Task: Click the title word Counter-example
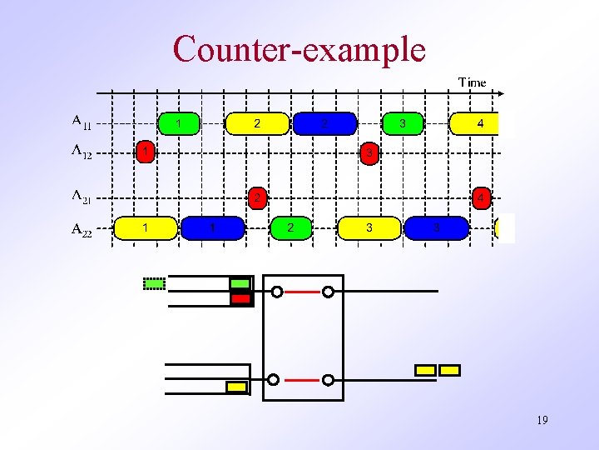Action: pos(299,49)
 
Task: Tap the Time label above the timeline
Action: pos(472,82)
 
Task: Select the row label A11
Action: pos(82,123)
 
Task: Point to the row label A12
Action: pos(82,152)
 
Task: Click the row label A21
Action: pos(82,197)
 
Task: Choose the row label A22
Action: pos(82,228)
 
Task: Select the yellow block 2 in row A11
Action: pos(258,123)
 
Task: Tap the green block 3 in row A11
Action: pos(403,123)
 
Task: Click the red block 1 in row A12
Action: pos(146,152)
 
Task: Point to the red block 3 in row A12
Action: pos(369,153)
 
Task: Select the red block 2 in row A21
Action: pos(258,198)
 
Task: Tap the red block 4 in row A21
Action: pos(480,198)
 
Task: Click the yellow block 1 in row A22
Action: pos(146,227)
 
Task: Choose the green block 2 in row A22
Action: pos(290,227)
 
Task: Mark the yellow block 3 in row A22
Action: pos(369,227)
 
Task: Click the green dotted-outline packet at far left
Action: pos(154,283)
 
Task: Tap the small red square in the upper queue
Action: pos(240,297)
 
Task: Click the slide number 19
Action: pos(542,420)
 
